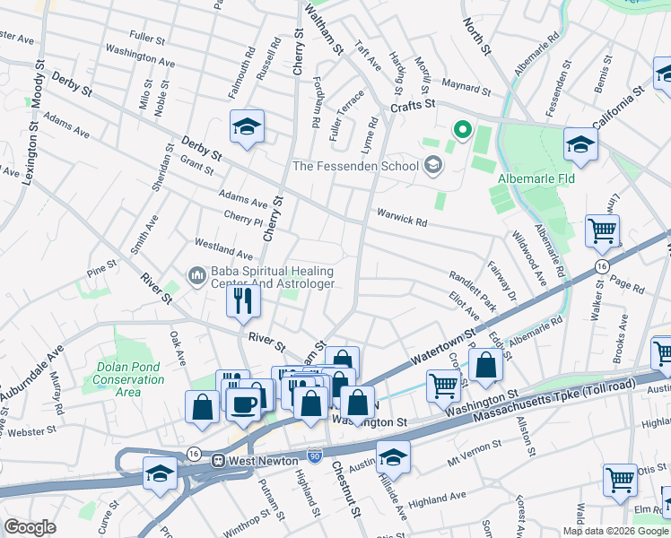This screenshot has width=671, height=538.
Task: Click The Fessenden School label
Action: (x=355, y=166)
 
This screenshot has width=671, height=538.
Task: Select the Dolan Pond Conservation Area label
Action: (x=129, y=379)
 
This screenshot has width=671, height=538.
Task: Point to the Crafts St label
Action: (x=412, y=105)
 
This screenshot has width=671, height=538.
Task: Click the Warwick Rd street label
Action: (x=402, y=215)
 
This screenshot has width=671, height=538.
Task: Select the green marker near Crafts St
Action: (x=463, y=132)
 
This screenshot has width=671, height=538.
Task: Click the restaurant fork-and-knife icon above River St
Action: (x=242, y=300)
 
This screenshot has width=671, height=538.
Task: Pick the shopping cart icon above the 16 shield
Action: (x=602, y=230)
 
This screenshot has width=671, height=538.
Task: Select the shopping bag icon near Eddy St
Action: (x=485, y=366)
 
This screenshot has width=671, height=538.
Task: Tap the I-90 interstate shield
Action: (x=313, y=456)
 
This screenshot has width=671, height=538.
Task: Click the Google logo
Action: (x=30, y=527)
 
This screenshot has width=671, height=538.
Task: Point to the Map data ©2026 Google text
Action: (x=616, y=530)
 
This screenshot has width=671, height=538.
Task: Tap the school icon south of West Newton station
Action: (x=160, y=474)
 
